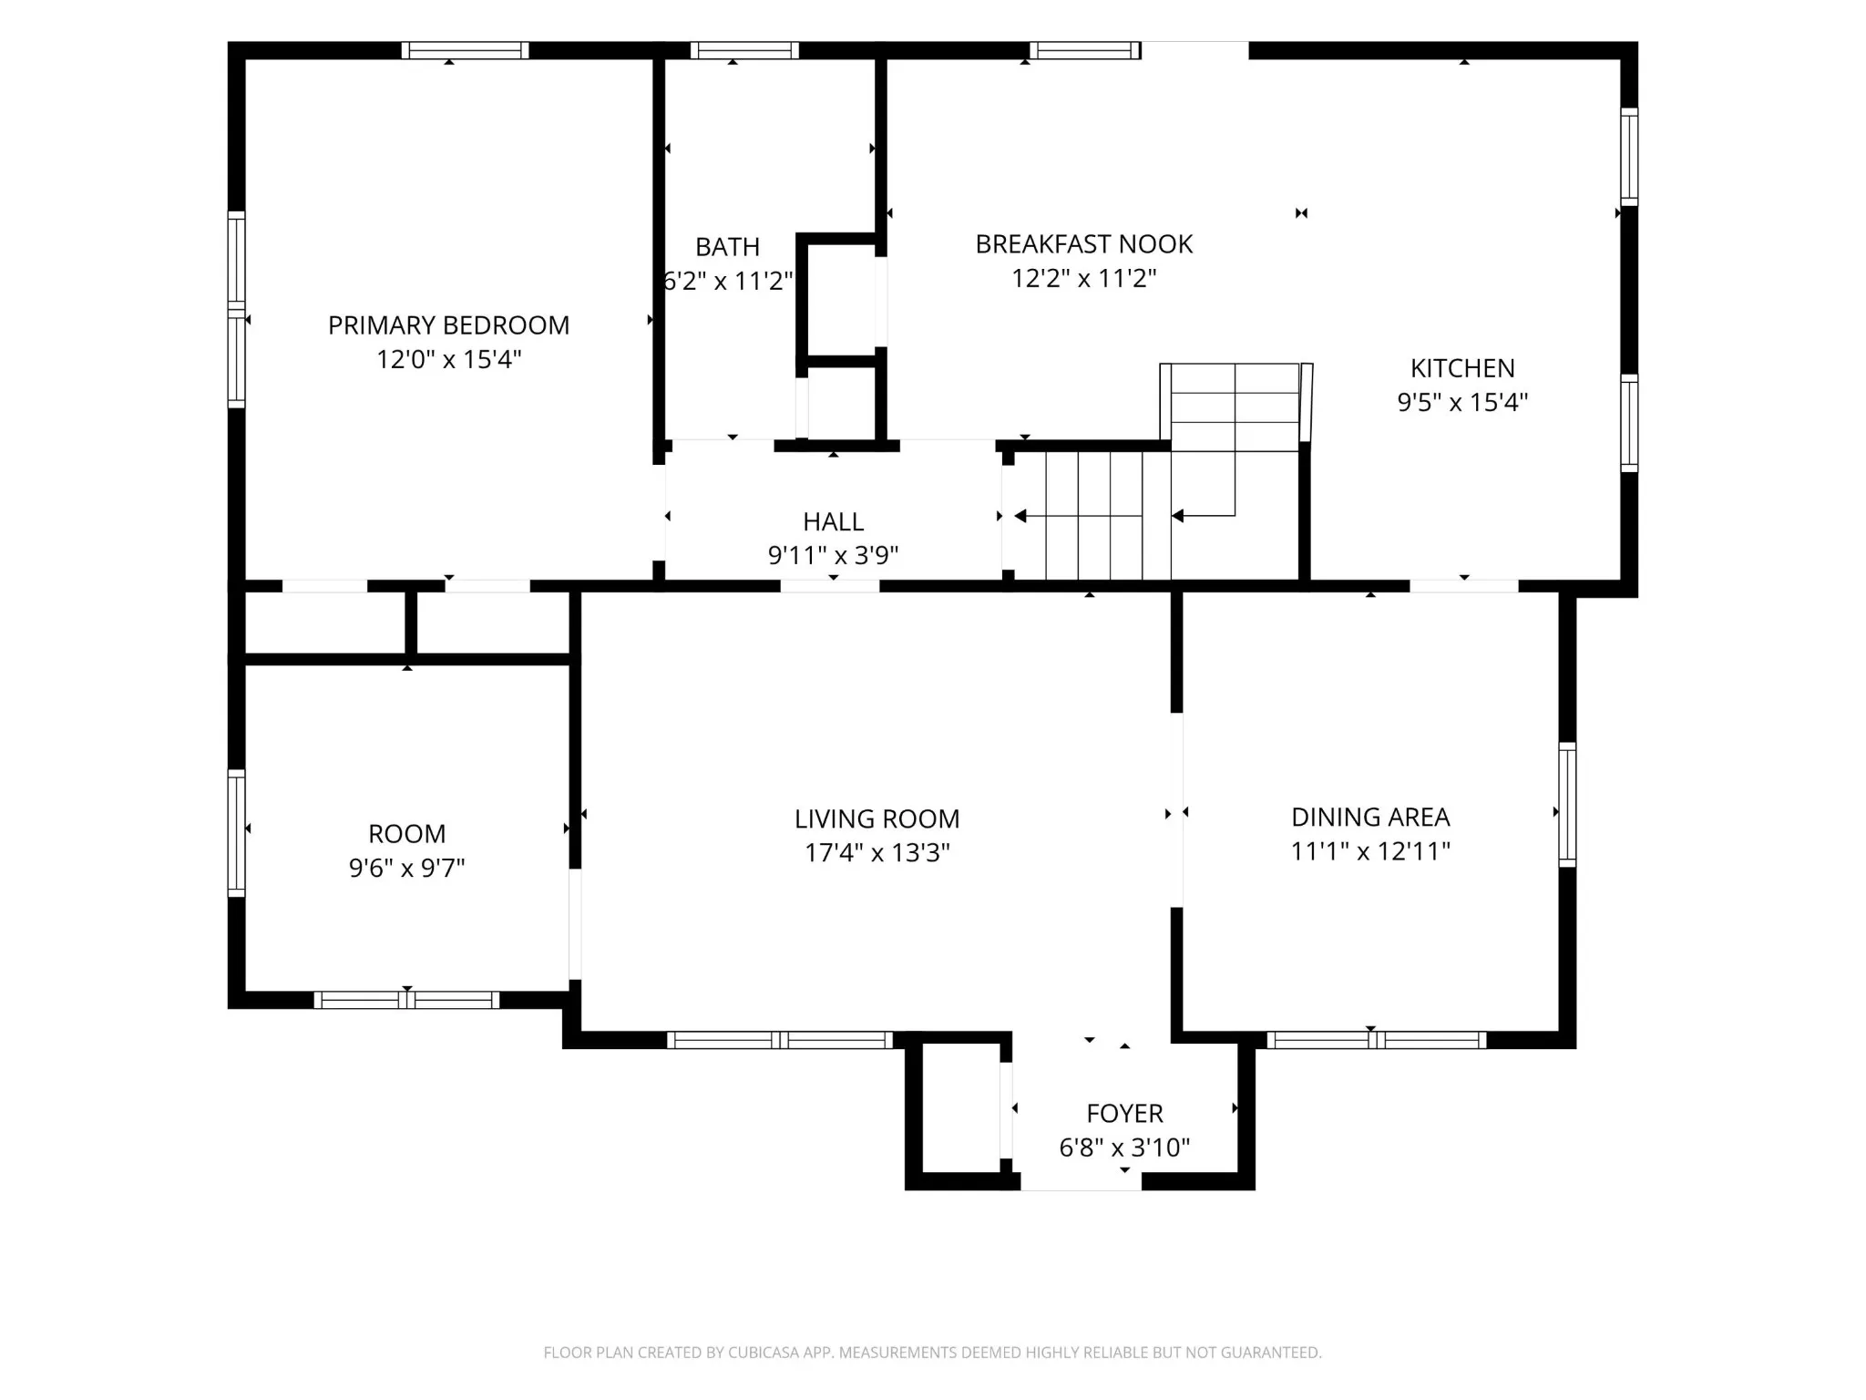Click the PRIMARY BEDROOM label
(x=448, y=325)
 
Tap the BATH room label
(x=727, y=247)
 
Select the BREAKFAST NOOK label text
(x=1083, y=244)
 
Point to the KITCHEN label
(x=1462, y=368)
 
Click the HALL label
(x=833, y=522)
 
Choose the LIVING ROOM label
(x=877, y=819)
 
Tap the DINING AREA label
(x=1370, y=818)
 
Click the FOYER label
(x=1124, y=1114)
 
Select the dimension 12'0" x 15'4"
(x=448, y=359)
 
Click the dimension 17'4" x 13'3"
(x=877, y=853)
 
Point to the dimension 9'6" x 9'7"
(x=406, y=868)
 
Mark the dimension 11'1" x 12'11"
(x=1370, y=851)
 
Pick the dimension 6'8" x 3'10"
(x=1124, y=1148)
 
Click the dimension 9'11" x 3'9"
(x=833, y=555)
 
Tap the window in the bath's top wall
(x=744, y=50)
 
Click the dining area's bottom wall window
(x=1376, y=1040)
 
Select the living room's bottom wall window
(x=780, y=1040)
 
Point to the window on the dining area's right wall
(x=1567, y=804)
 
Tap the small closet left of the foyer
(x=961, y=1108)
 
